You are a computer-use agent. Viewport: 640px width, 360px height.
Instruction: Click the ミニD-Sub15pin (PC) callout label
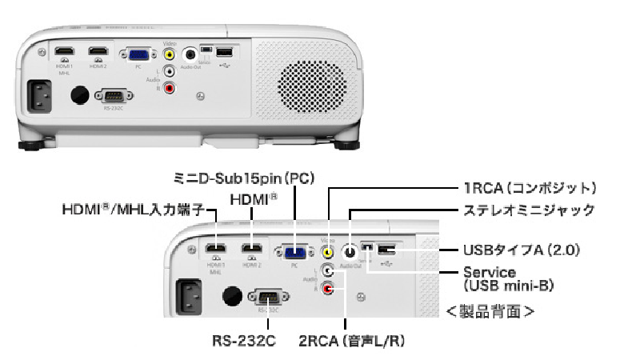242,175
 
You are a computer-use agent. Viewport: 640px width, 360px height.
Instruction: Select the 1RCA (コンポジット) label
528,189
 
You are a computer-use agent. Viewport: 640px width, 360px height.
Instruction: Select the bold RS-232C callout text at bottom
245,342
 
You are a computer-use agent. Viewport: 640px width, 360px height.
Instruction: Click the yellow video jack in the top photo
169,55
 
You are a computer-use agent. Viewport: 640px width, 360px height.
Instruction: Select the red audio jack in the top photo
169,88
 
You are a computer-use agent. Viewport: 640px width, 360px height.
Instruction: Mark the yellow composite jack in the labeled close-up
326,251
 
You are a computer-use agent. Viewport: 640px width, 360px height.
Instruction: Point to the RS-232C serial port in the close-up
266,296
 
